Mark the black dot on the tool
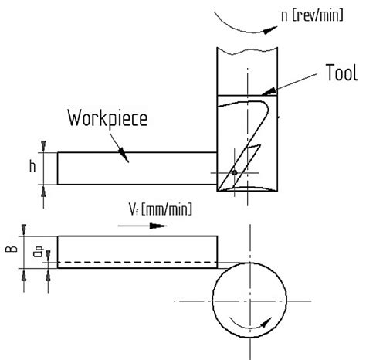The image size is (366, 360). (233, 172)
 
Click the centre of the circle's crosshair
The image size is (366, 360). (247, 300)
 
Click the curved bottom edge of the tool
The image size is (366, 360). (246, 188)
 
